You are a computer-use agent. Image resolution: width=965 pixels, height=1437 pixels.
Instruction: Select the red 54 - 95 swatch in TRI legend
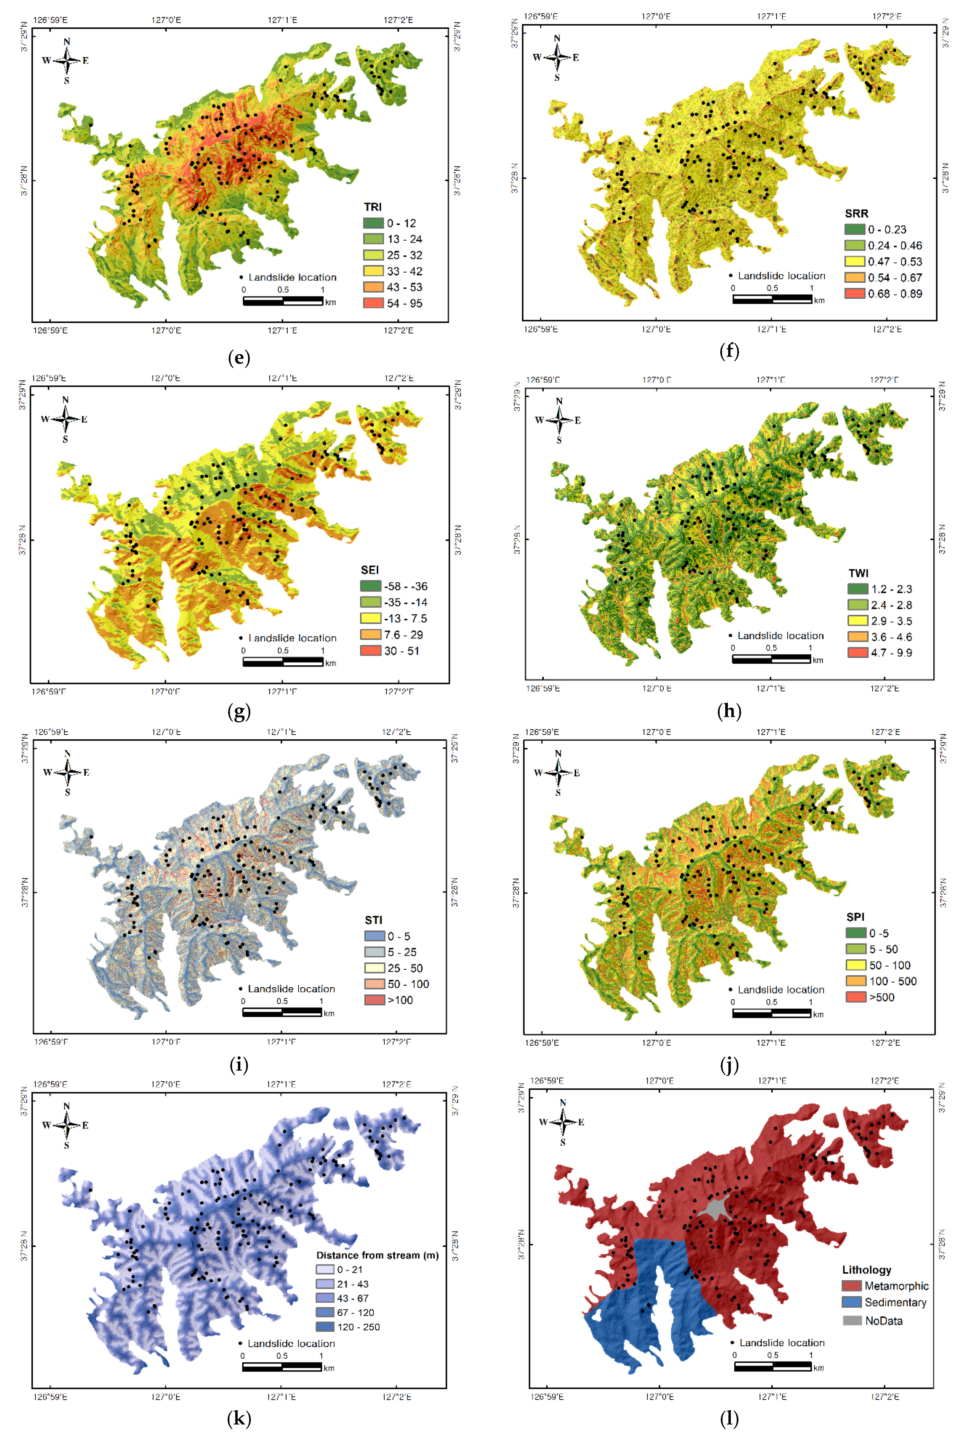[x=373, y=303]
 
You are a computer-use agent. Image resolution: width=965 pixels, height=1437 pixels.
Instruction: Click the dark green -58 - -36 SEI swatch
[x=371, y=586]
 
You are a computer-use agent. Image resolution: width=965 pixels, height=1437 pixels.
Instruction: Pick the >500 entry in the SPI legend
[x=881, y=997]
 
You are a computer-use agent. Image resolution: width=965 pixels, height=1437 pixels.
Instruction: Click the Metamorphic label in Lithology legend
[x=896, y=1286]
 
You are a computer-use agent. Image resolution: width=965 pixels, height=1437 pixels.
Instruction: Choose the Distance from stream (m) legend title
[x=377, y=1255]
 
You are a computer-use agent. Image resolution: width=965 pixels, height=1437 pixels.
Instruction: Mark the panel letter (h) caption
[x=729, y=711]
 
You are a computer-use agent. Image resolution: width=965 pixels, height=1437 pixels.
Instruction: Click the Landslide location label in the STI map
[x=291, y=988]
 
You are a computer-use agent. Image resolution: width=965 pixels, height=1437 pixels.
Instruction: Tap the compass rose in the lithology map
[x=562, y=1121]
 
